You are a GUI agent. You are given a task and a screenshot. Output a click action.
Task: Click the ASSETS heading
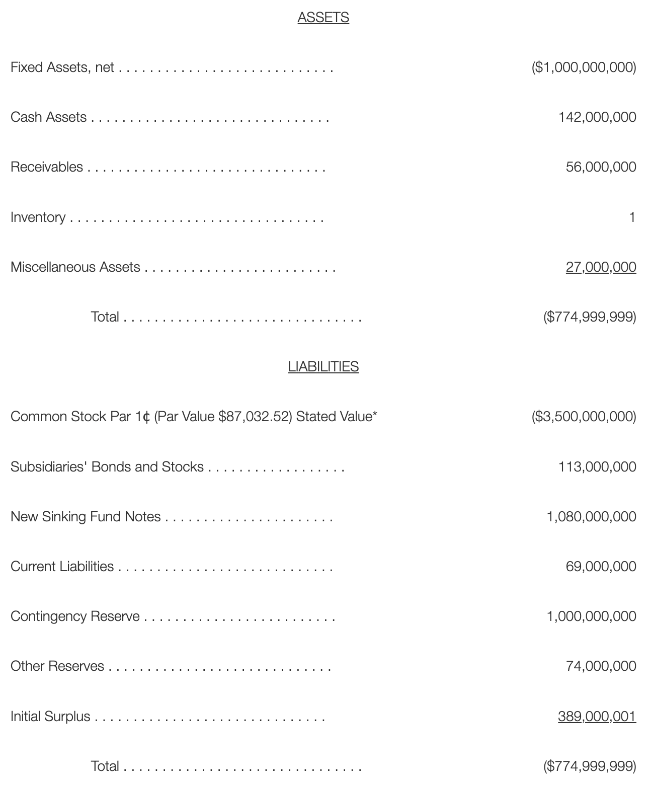tap(323, 18)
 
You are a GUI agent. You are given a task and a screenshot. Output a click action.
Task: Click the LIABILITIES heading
tap(323, 367)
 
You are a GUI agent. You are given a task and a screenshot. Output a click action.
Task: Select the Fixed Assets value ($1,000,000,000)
tap(584, 67)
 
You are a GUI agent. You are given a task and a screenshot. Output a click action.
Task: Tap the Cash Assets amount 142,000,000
tap(597, 117)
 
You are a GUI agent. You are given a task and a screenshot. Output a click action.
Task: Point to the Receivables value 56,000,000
tap(601, 167)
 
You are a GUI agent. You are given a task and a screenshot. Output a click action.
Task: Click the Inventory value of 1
tap(632, 217)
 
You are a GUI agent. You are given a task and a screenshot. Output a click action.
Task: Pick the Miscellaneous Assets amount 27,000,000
tap(601, 267)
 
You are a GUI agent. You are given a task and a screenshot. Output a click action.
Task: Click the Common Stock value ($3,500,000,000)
tap(584, 417)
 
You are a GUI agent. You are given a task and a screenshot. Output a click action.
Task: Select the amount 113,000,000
tap(597, 466)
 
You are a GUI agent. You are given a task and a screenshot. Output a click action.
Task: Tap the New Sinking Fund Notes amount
tap(591, 516)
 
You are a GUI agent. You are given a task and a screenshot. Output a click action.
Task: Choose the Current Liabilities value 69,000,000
tap(601, 566)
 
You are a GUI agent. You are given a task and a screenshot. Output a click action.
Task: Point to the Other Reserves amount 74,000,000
tap(601, 666)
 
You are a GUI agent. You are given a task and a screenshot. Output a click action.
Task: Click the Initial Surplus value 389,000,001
tap(597, 716)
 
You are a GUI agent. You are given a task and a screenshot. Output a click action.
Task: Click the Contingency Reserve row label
tap(75, 616)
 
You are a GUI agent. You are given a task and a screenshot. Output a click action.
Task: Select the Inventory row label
tap(38, 217)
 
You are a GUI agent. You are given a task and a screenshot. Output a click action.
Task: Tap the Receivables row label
tap(47, 167)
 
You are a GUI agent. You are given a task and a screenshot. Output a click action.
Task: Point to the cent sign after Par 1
tap(146, 417)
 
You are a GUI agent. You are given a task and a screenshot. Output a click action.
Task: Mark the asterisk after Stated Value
tap(374, 415)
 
